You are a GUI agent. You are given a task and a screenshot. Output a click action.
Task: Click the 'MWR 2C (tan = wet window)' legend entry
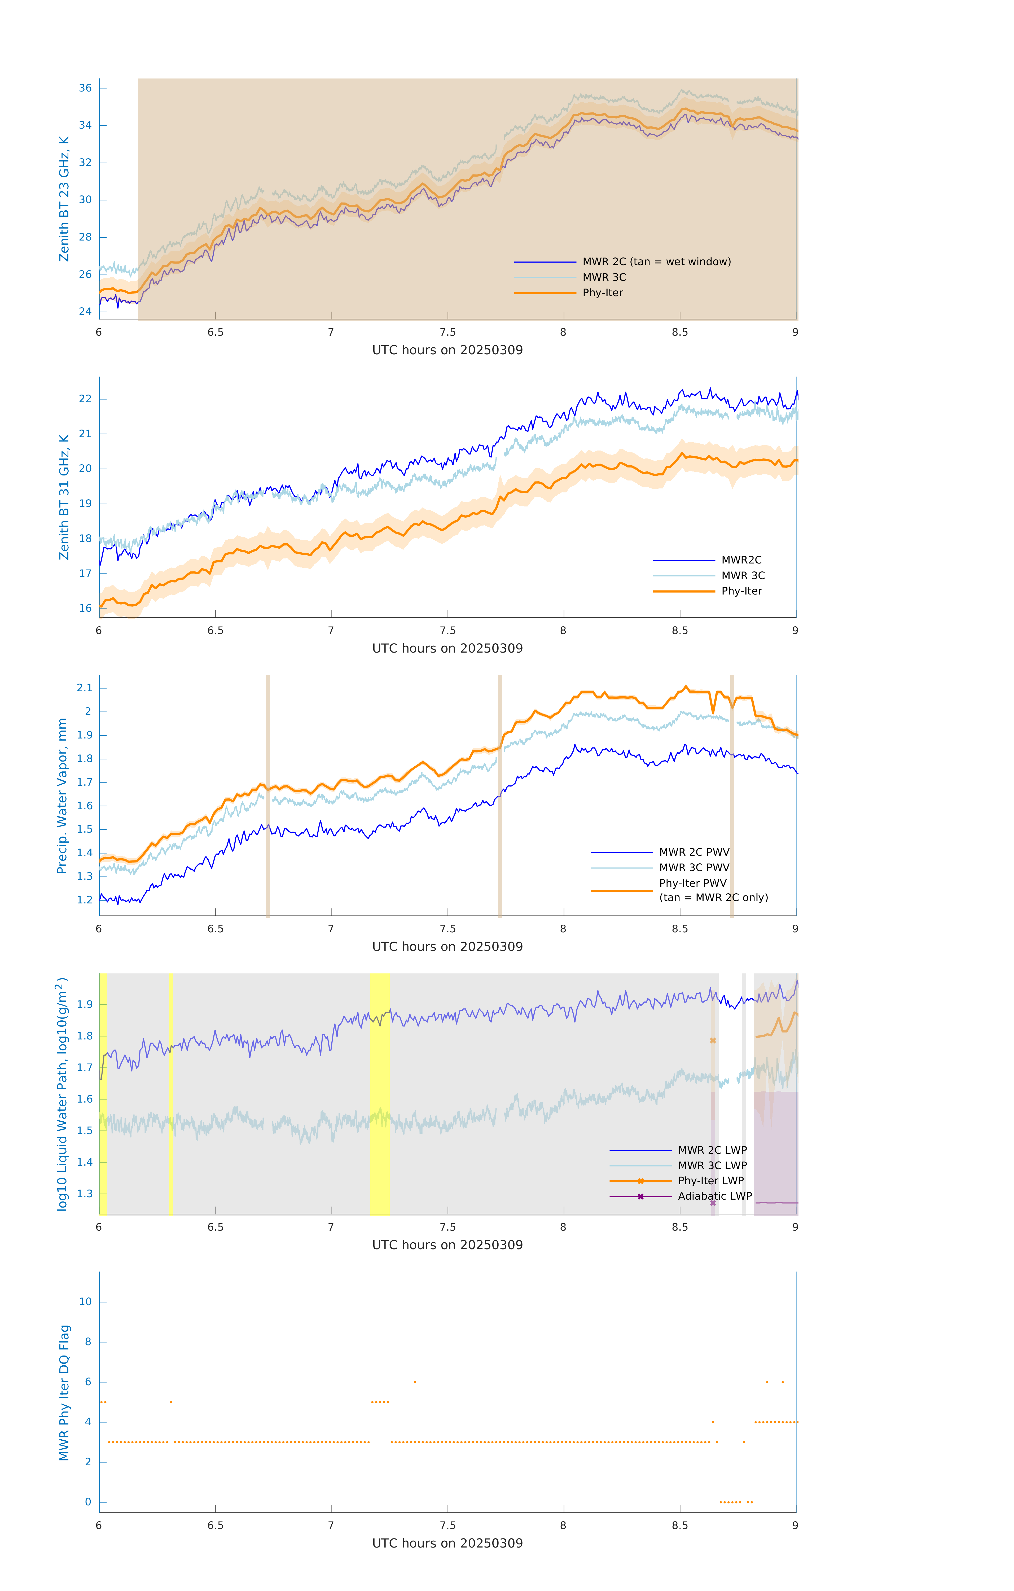pos(656,262)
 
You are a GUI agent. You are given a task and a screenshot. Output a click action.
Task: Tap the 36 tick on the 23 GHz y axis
pos(85,88)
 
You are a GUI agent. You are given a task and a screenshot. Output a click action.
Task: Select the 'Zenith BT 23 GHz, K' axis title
pos(64,199)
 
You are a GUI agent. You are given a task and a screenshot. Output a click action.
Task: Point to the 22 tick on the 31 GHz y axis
pos(85,399)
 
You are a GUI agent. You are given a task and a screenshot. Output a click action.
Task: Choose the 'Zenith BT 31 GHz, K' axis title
pos(64,497)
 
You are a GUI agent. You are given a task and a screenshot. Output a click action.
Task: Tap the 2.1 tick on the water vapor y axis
pos(85,688)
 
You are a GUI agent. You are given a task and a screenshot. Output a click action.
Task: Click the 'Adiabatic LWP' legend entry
pos(714,1196)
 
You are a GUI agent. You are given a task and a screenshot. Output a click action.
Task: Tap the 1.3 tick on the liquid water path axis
pos(85,1193)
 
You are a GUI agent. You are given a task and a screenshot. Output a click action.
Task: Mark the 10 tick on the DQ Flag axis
pos(85,1302)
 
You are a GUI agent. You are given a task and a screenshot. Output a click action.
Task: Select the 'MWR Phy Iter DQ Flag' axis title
pos(64,1392)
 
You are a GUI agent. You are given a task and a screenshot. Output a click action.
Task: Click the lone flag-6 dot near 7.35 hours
pos(415,1382)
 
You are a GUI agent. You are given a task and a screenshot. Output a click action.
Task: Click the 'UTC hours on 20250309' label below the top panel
pos(447,350)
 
